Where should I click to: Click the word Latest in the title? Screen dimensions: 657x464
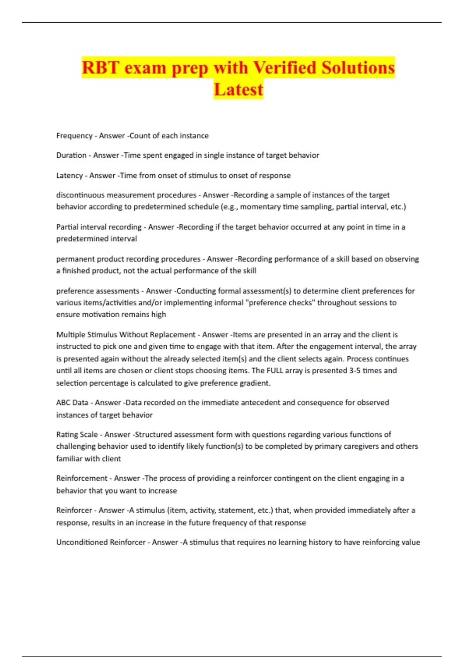pos(238,89)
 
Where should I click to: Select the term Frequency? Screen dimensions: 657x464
pos(74,136)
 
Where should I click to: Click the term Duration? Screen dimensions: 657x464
pos(71,155)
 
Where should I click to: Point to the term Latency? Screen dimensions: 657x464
pos(69,175)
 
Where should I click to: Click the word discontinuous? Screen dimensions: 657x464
pos(80,195)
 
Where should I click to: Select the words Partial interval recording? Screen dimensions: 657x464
pos(99,227)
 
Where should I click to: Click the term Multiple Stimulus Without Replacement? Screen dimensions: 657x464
pos(126,335)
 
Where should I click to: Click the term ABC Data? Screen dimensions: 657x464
pos(72,403)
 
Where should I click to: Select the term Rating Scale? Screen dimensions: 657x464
pos(77,435)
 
